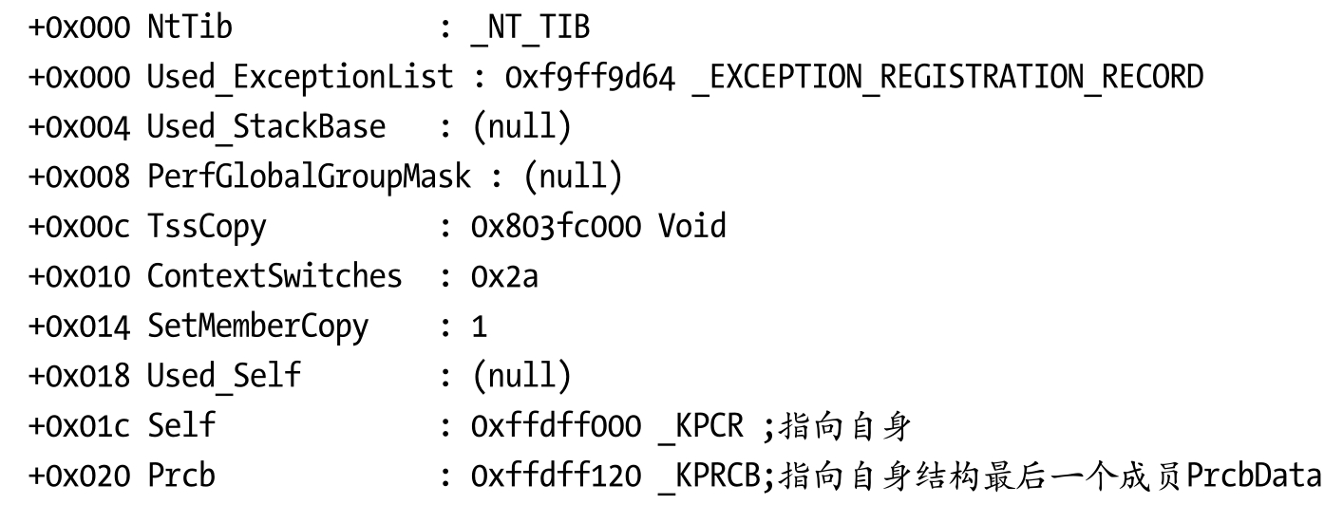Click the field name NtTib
[189, 28]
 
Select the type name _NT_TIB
[530, 28]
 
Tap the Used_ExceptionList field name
[299, 77]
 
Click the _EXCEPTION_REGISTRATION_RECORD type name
[947, 77]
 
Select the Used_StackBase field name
[266, 126]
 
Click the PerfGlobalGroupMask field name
[308, 177]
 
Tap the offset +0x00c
[79, 226]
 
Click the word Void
[691, 226]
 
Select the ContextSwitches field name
[274, 276]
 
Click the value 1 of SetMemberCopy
[480, 327]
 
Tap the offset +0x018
[79, 376]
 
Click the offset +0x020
[79, 475]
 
